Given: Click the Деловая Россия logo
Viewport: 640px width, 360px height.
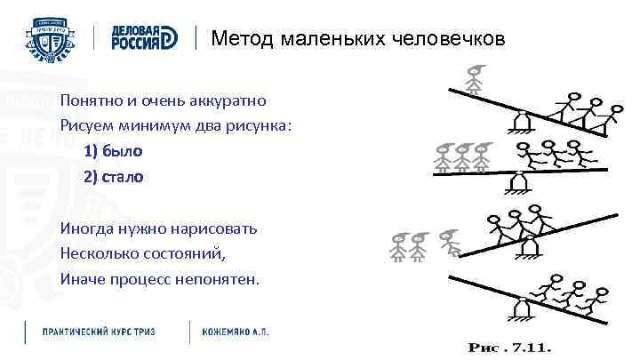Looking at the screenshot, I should (145, 36).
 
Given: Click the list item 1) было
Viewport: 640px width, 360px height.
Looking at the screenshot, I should (113, 151).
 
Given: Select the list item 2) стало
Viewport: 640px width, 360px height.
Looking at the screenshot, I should (113, 176).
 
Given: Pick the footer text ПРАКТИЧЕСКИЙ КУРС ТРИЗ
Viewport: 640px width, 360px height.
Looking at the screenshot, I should (100, 331).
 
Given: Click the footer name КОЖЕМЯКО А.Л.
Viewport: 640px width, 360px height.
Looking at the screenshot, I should (236, 331).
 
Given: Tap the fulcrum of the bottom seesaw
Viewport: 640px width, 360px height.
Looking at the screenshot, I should (522, 308).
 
